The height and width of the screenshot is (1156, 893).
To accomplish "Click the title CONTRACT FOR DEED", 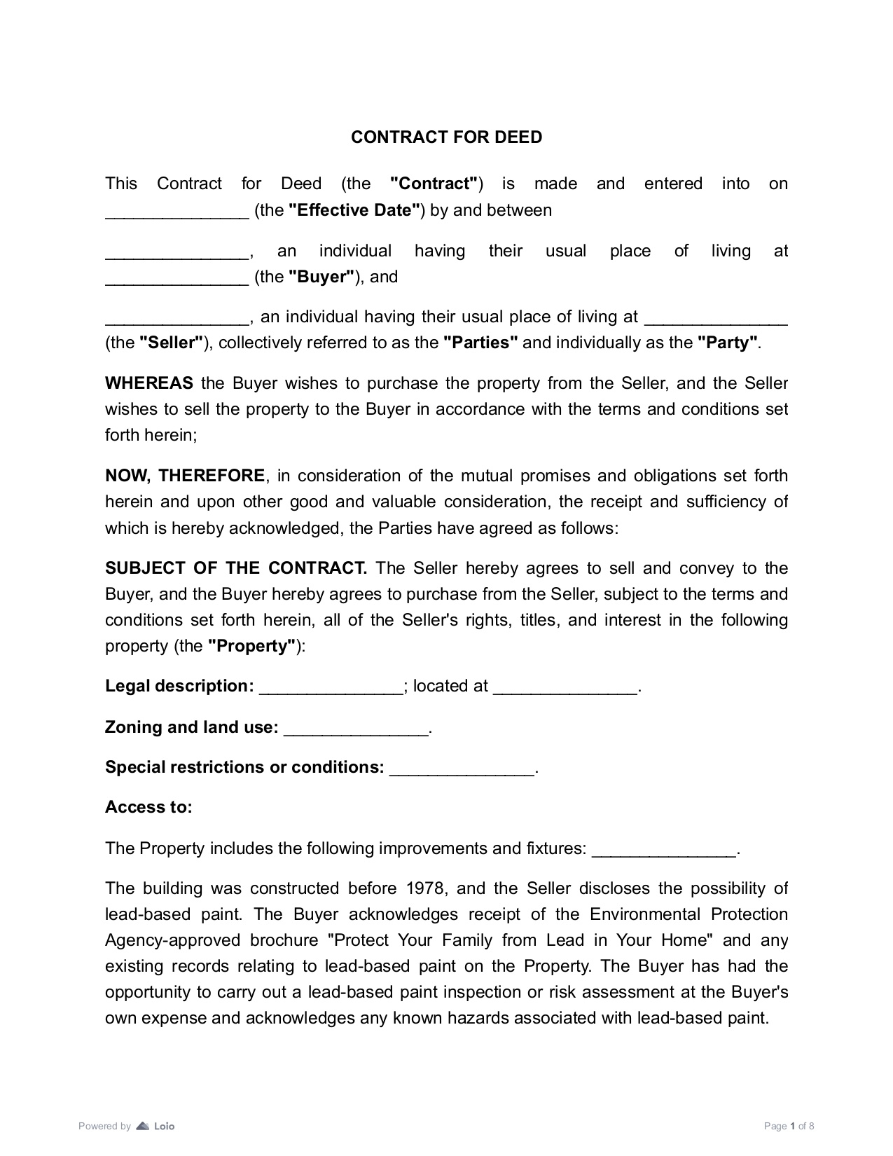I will pyautogui.click(x=446, y=137).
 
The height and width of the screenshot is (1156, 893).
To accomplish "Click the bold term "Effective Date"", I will pyautogui.click(x=354, y=210).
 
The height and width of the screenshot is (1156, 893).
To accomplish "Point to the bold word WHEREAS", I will pyautogui.click(x=148, y=383).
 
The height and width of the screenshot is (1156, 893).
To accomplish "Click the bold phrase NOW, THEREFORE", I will pyautogui.click(x=185, y=476).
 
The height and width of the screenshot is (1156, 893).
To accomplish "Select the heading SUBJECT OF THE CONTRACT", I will pyautogui.click(x=235, y=568).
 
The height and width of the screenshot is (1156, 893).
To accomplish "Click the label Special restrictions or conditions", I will pyautogui.click(x=244, y=767).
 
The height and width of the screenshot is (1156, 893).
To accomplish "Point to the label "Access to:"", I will pyautogui.click(x=148, y=807).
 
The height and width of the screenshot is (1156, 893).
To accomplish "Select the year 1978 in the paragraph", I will pyautogui.click(x=425, y=888).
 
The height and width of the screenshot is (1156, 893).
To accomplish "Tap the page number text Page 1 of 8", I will pyautogui.click(x=789, y=1127).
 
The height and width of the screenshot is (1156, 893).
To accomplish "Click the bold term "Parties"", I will pyautogui.click(x=480, y=343).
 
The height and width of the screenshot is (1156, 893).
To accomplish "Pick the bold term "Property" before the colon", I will pyautogui.click(x=251, y=646).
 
